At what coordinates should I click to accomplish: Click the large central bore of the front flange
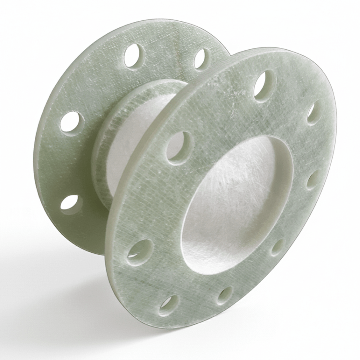click(x=237, y=207)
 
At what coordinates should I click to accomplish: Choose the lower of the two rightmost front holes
click(x=313, y=179)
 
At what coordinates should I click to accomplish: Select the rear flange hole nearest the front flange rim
click(x=202, y=59)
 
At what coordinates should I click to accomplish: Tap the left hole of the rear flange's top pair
click(x=134, y=56)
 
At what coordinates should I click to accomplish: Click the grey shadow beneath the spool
click(x=74, y=296)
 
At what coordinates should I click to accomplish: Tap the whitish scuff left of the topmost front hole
click(x=233, y=102)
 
